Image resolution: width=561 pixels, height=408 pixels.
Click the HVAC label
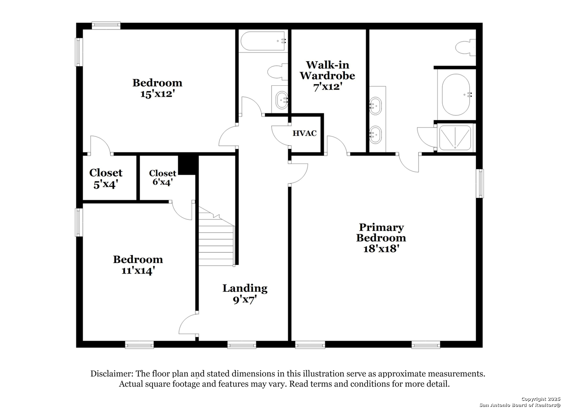pyautogui.click(x=304, y=133)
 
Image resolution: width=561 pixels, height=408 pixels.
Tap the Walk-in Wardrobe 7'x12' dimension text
pyautogui.click(x=328, y=87)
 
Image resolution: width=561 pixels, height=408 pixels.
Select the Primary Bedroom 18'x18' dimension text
pyautogui.click(x=381, y=249)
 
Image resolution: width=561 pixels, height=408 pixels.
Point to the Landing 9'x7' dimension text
pyautogui.click(x=245, y=300)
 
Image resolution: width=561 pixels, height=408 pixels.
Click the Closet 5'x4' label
pyautogui.click(x=106, y=178)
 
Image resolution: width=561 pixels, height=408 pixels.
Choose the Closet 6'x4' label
pyautogui.click(x=162, y=178)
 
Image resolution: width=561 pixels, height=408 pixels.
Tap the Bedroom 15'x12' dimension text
pyautogui.click(x=157, y=94)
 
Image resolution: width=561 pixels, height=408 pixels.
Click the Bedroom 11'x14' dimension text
pyautogui.click(x=138, y=271)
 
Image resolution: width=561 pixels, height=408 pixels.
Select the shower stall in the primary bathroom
pyautogui.click(x=455, y=138)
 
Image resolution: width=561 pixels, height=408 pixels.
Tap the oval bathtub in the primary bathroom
pyautogui.click(x=456, y=94)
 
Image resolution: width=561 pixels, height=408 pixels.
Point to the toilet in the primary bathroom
pyautogui.click(x=465, y=48)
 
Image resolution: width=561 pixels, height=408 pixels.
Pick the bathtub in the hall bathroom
pyautogui.click(x=263, y=41)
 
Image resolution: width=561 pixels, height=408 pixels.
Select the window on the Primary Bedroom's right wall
pyautogui.click(x=480, y=184)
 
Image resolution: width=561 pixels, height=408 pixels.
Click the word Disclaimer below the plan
pyautogui.click(x=112, y=374)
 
